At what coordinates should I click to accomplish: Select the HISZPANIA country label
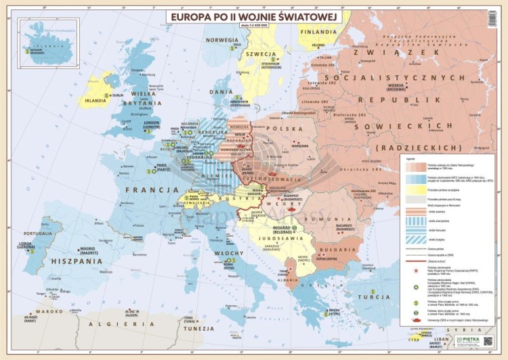pos(72,261)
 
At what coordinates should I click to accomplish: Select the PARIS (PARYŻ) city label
pos(162,164)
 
